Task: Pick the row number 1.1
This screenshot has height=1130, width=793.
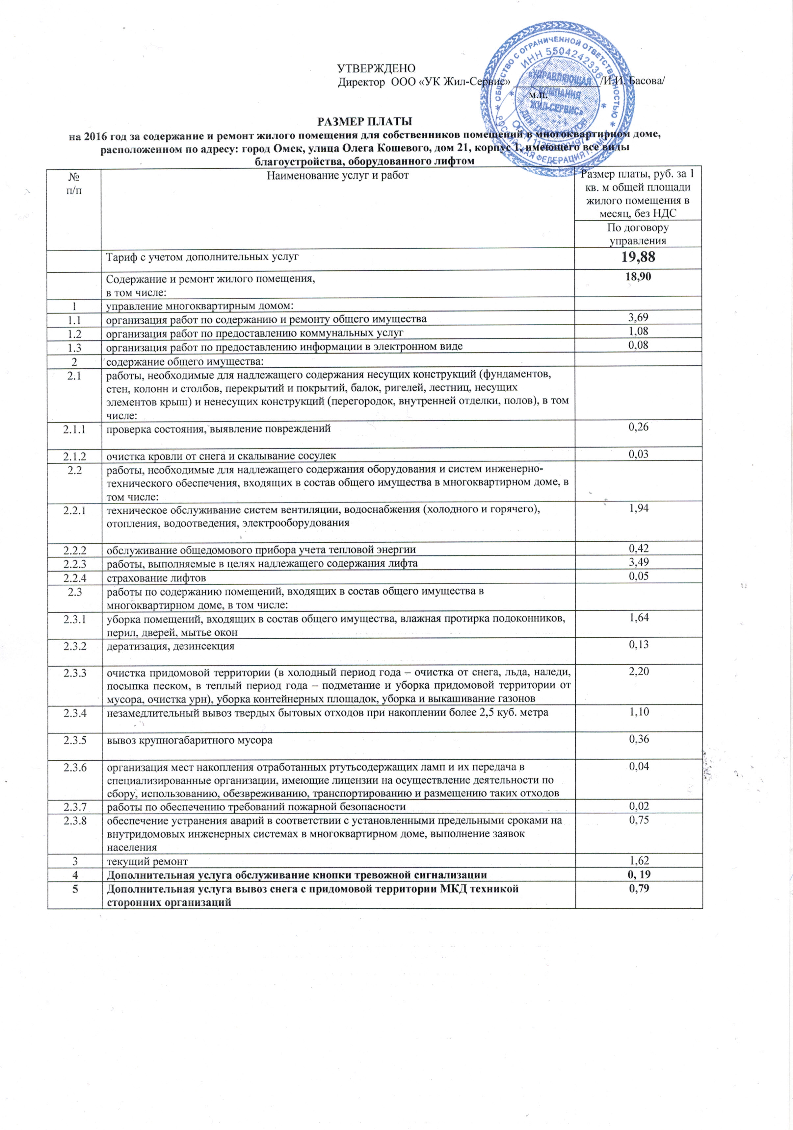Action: [74, 319]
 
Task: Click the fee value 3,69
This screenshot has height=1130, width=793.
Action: [638, 318]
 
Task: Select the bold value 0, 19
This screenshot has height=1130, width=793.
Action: [638, 874]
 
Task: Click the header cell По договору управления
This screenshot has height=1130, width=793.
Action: [638, 234]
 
